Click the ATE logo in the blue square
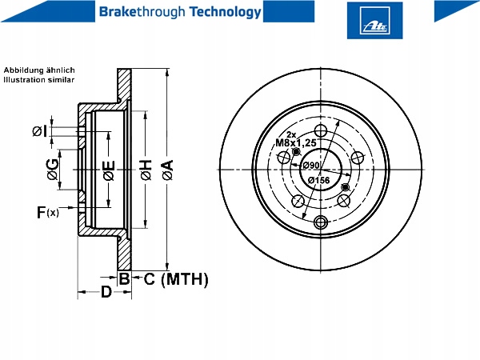[x=374, y=20]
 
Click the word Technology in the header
[x=226, y=12]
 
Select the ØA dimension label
[x=168, y=170]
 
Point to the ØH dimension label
[x=146, y=170]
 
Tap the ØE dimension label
[x=109, y=170]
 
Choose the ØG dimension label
[x=52, y=170]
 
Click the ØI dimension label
[x=40, y=131]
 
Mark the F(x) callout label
[x=48, y=212]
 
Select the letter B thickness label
[x=124, y=278]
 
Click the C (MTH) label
[x=176, y=279]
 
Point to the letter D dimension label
[x=106, y=292]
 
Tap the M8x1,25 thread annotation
[x=296, y=142]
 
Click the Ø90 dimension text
[x=311, y=166]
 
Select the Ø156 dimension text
[x=318, y=180]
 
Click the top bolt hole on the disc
[x=321, y=130]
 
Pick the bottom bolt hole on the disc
[x=321, y=222]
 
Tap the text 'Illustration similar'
[x=39, y=80]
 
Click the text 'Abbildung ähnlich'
[x=39, y=70]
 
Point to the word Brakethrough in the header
[x=142, y=12]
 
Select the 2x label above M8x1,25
[x=291, y=134]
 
